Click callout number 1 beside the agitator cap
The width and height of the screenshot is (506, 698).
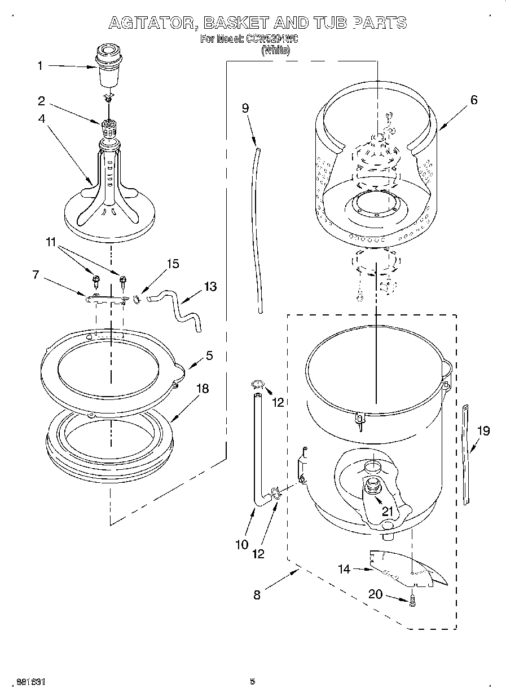40,66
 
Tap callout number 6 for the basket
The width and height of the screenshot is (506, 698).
473,100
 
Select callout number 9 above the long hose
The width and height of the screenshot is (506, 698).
245,108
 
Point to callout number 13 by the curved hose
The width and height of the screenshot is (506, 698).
210,287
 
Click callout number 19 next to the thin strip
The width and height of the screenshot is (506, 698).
483,431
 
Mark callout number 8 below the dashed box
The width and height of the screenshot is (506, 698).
257,595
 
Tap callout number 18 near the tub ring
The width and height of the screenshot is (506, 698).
202,388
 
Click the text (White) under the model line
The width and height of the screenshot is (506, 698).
276,50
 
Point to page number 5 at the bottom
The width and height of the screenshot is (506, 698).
253,682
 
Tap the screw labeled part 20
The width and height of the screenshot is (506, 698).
413,601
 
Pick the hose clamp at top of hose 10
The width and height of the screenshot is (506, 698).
257,385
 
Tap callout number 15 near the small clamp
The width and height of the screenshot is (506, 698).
173,264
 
